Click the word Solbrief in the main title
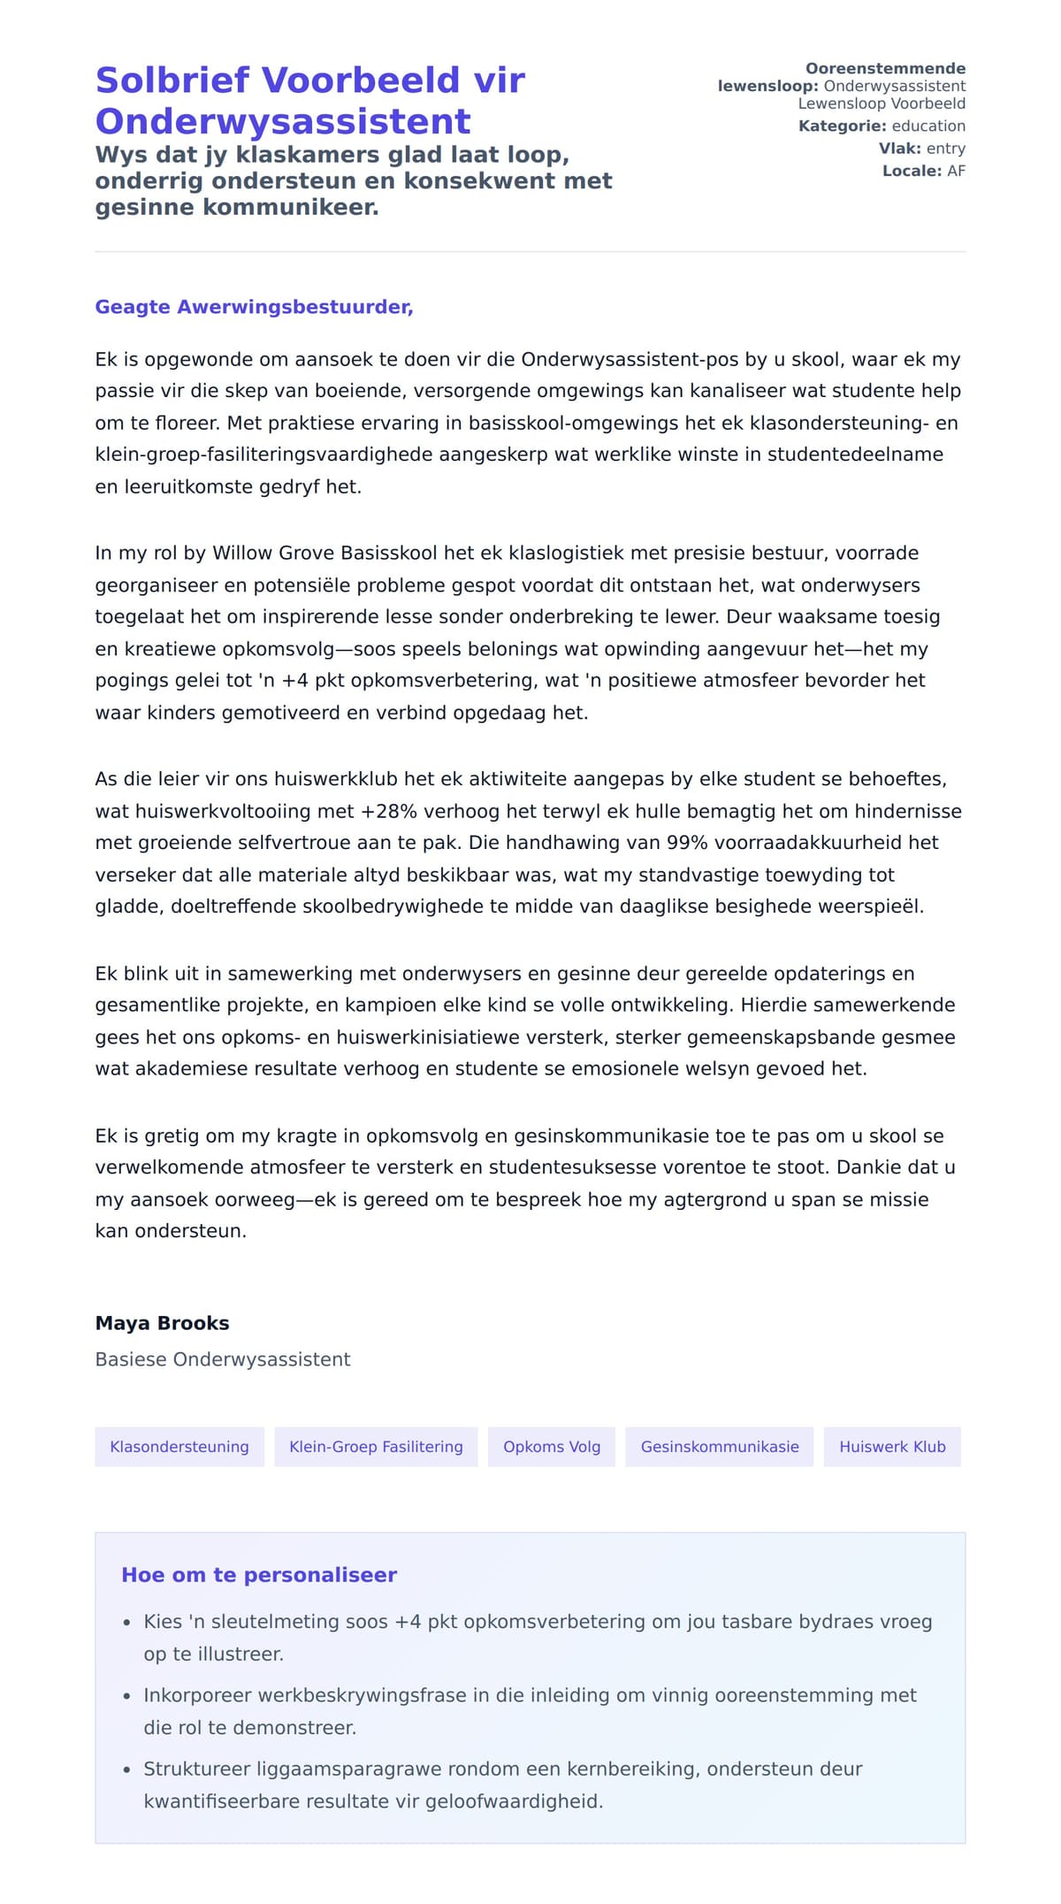pos(172,80)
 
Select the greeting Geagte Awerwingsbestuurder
pos(254,307)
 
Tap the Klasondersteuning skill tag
pos(179,1447)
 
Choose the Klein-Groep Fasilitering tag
pos(376,1447)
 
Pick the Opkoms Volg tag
pos(552,1447)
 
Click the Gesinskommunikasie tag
pos(720,1447)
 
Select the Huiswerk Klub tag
pos(892,1447)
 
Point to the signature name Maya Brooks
pos(162,1323)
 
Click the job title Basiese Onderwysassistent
pos(223,1359)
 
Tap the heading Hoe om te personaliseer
pos(259,1575)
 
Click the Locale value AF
pos(956,172)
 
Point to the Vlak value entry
pos(945,149)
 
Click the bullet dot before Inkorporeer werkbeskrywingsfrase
pos(126,1696)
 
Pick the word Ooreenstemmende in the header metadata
pos(885,69)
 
